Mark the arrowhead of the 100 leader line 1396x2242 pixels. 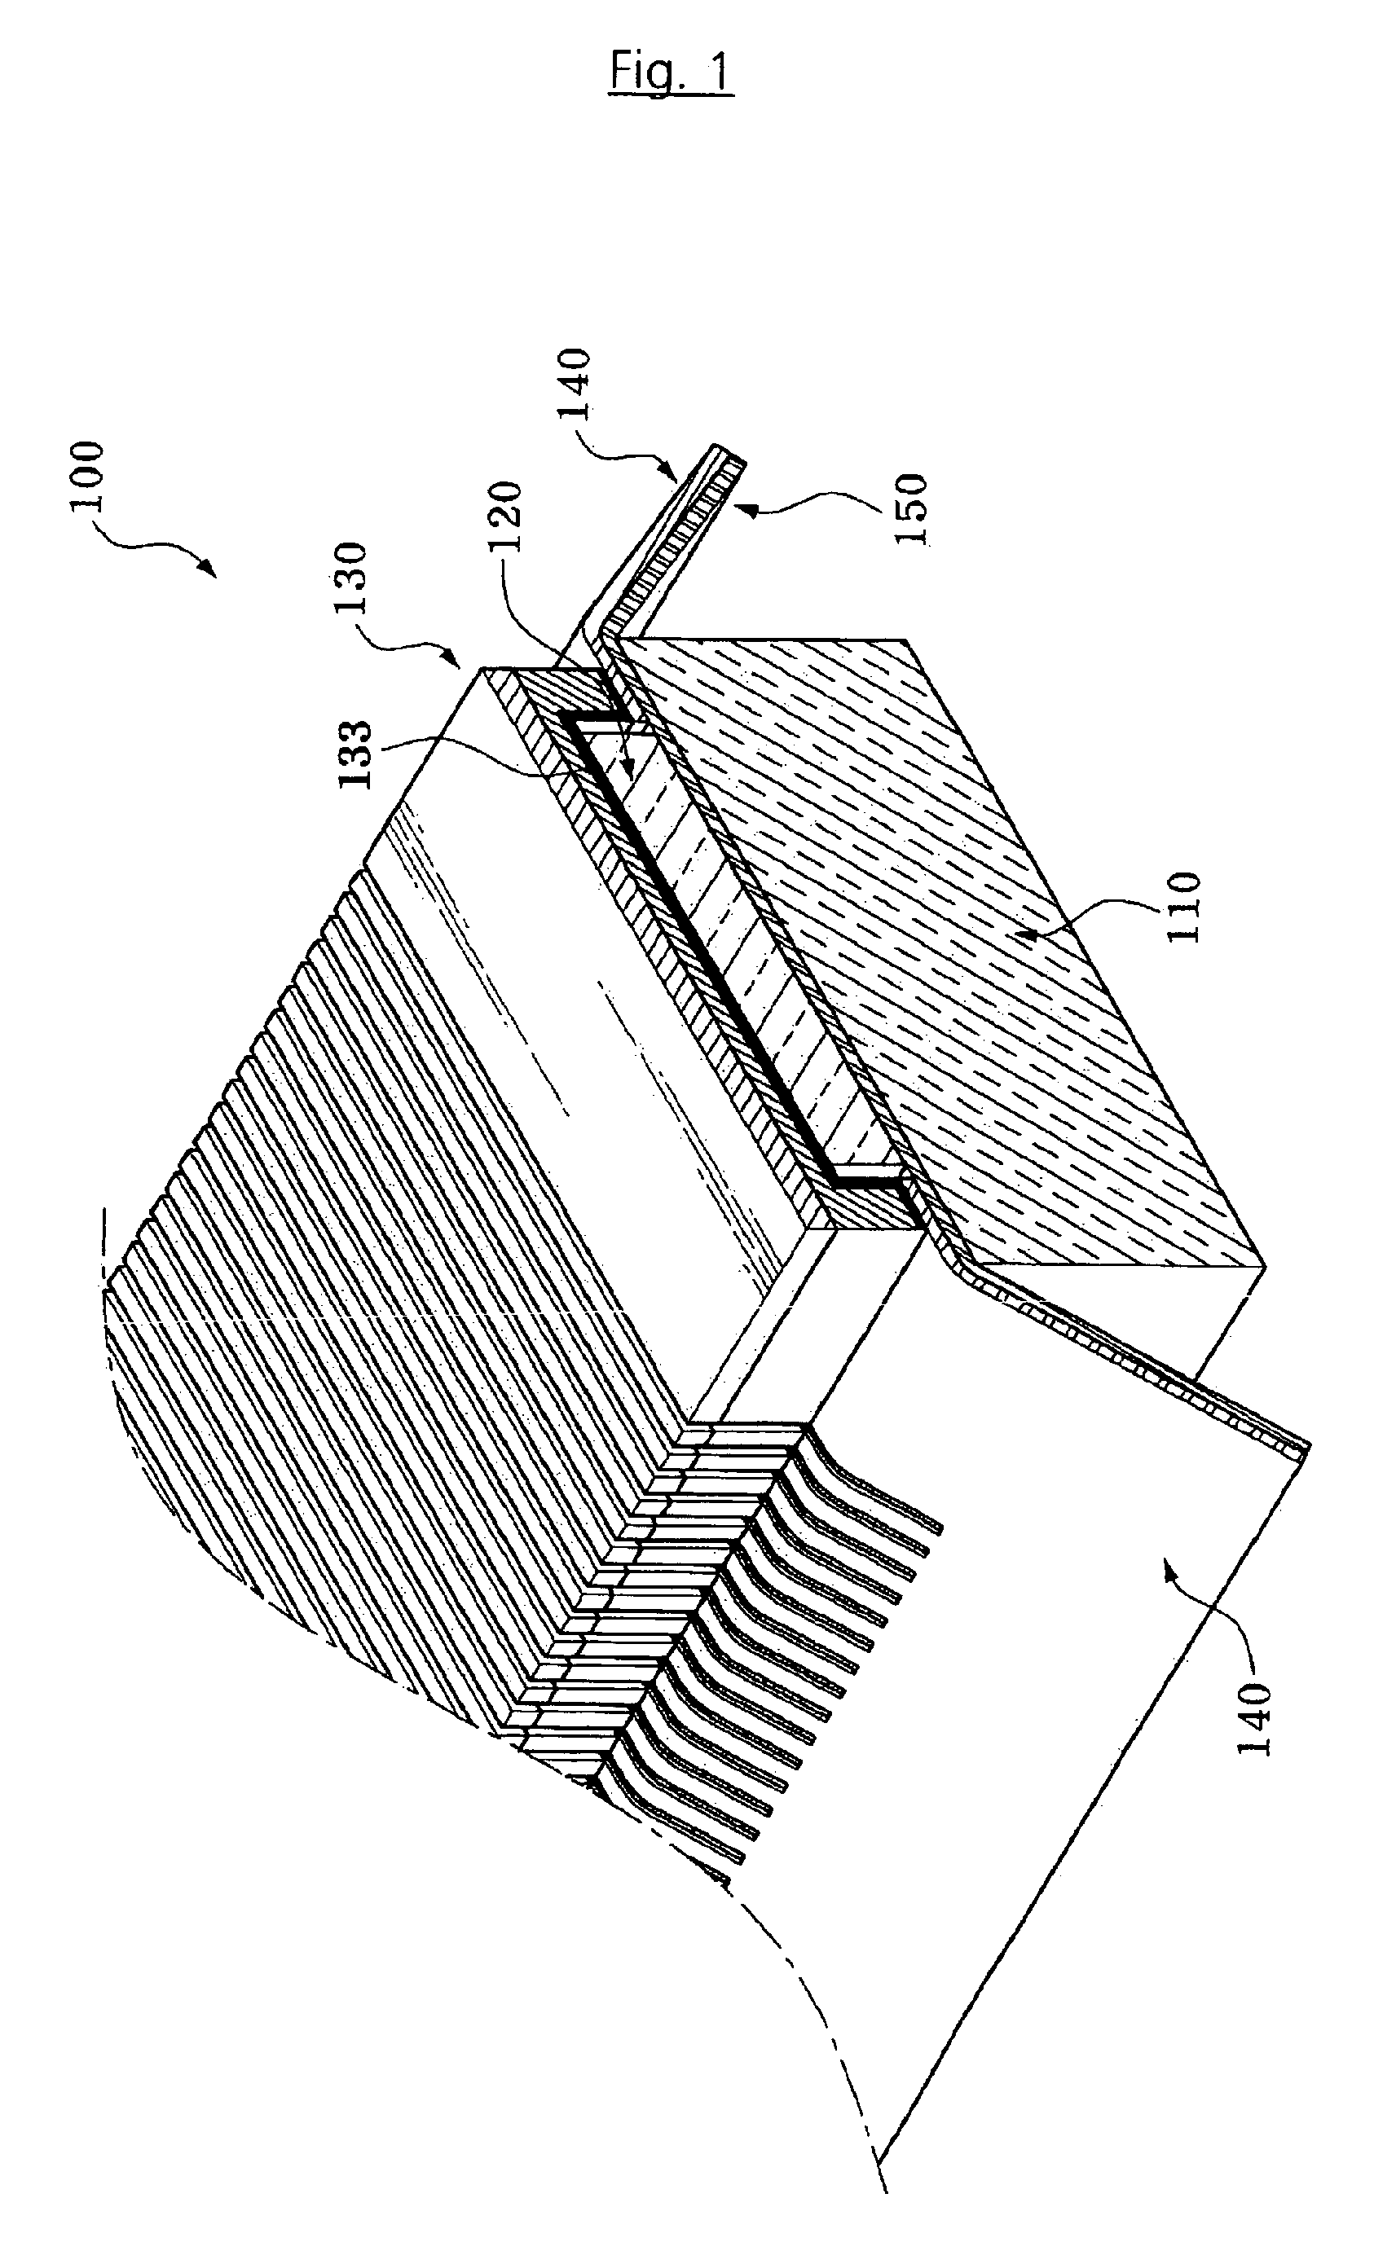[x=214, y=574]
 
